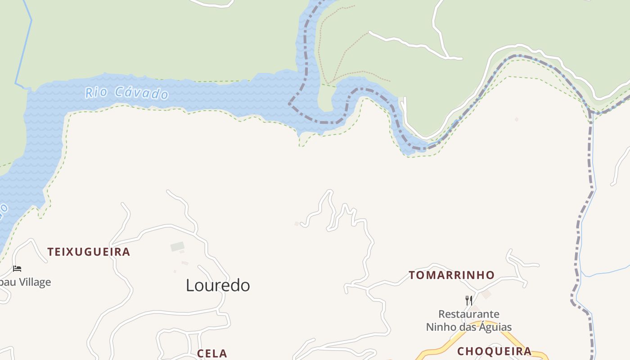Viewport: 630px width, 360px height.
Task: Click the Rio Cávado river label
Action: (x=127, y=93)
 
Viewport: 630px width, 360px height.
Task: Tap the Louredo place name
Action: (x=218, y=285)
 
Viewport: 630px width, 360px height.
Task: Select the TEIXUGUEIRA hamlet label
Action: (x=89, y=252)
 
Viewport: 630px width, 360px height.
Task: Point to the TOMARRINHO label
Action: (x=451, y=275)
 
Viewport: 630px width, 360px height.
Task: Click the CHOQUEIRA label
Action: (x=494, y=351)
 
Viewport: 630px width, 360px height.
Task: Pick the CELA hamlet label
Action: (x=212, y=353)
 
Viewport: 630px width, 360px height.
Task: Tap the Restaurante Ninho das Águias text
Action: (x=469, y=320)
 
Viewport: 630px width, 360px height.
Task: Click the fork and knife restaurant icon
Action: (x=469, y=300)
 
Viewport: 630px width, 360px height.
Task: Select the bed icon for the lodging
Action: (x=17, y=269)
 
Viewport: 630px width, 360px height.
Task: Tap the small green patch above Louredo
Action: (x=177, y=247)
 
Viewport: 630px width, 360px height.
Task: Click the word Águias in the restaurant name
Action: (x=495, y=327)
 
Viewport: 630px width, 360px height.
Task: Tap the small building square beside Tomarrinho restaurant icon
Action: (x=486, y=295)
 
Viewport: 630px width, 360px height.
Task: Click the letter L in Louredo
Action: (x=190, y=285)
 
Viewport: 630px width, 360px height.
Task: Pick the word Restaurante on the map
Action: (x=469, y=314)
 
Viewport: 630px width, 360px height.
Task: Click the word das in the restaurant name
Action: (x=467, y=327)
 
